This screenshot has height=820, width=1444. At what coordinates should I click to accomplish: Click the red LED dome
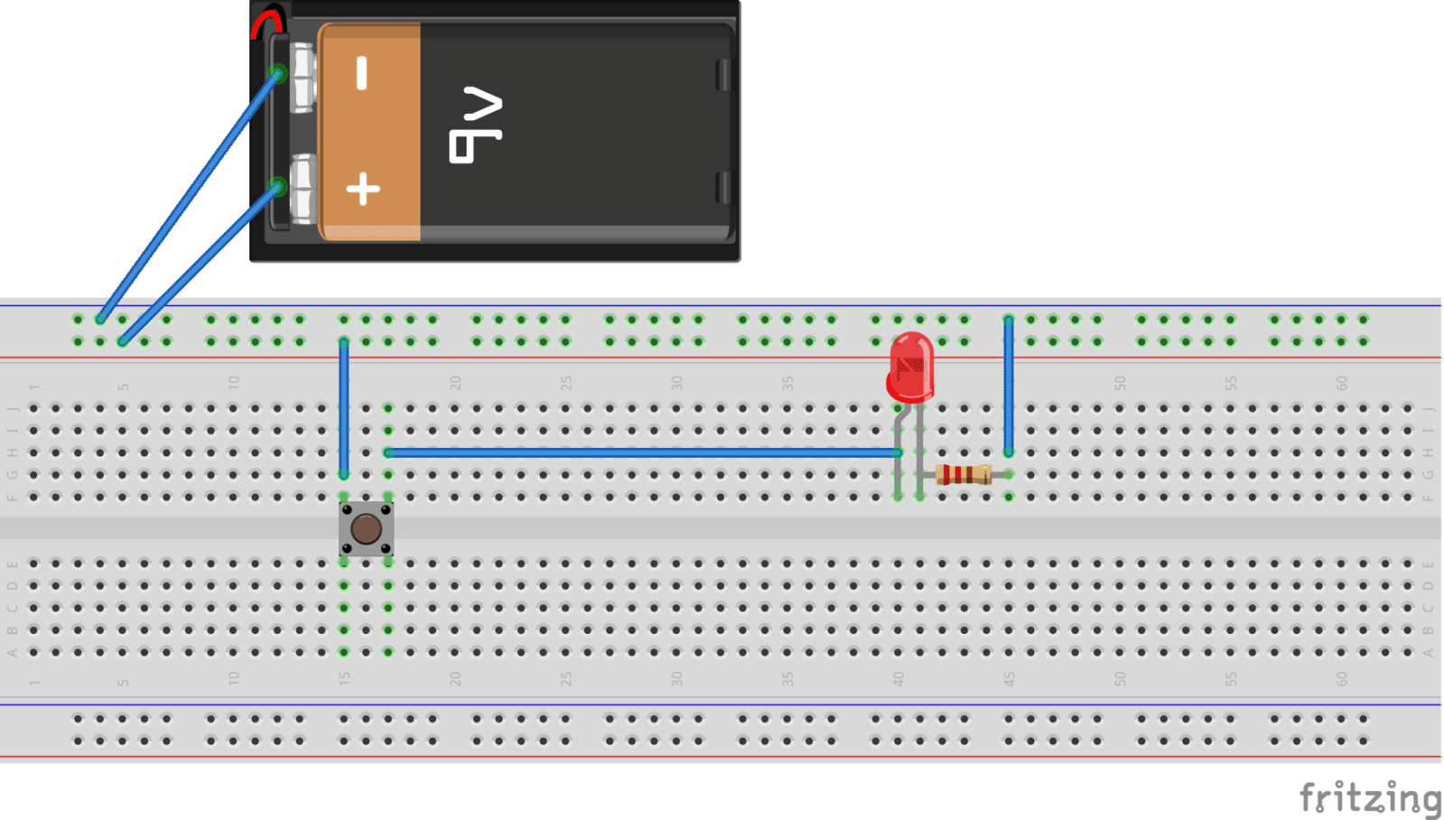(x=910, y=365)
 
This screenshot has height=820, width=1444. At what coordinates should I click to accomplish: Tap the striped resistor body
(x=964, y=474)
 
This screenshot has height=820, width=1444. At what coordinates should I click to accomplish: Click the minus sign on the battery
(x=362, y=73)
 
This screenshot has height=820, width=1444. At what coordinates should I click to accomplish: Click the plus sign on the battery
(x=363, y=189)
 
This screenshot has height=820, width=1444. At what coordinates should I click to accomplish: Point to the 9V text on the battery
(x=476, y=125)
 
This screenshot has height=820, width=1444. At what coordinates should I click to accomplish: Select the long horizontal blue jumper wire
(x=641, y=452)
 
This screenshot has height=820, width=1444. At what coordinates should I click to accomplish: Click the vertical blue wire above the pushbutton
(x=344, y=406)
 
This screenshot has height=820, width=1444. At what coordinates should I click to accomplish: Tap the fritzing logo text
(x=1369, y=797)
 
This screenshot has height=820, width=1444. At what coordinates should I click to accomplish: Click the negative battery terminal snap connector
(x=302, y=77)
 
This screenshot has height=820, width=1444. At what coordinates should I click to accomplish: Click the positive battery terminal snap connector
(x=302, y=189)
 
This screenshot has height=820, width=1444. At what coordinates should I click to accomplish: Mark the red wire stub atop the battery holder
(x=268, y=22)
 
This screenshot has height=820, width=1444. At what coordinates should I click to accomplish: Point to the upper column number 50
(x=1120, y=383)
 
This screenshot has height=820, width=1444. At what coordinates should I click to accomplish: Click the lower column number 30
(x=677, y=678)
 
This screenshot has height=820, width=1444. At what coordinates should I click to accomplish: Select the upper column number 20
(x=455, y=383)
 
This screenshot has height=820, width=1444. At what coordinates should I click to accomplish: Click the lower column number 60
(x=1341, y=678)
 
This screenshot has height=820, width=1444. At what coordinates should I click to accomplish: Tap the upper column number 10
(x=234, y=383)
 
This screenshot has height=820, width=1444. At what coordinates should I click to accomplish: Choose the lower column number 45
(x=1009, y=678)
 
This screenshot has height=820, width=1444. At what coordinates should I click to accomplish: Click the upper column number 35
(x=788, y=383)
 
